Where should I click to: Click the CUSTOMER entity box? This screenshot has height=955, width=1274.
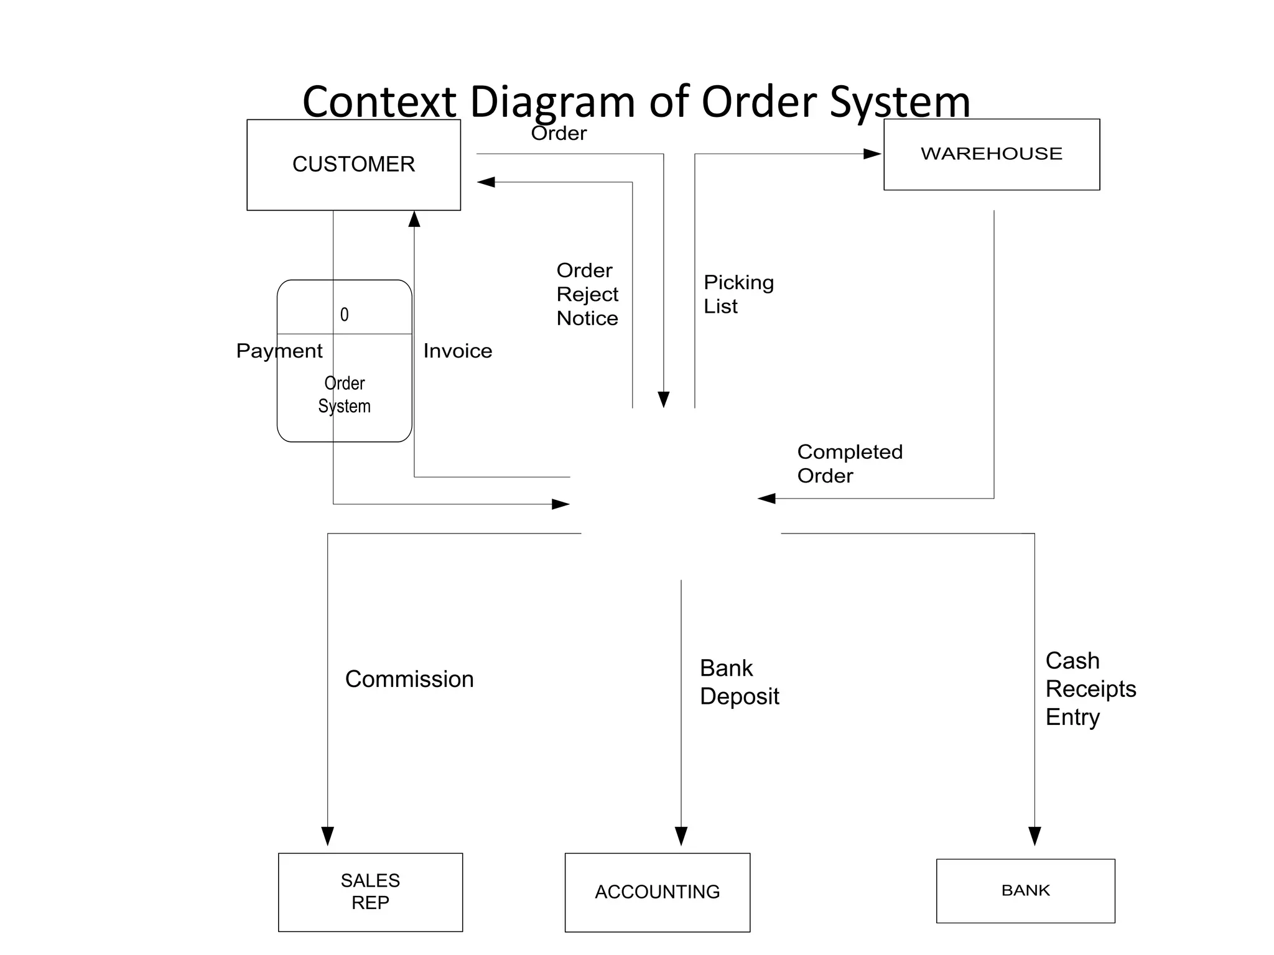pyautogui.click(x=353, y=165)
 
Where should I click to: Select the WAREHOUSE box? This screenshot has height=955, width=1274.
pyautogui.click(x=991, y=154)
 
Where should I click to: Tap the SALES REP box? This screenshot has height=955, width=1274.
pyautogui.click(x=370, y=892)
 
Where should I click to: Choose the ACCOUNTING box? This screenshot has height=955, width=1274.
pyautogui.click(x=657, y=892)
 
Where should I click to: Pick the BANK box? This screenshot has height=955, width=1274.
pyautogui.click(x=1025, y=890)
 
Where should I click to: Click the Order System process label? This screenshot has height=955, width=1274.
pyautogui.click(x=344, y=395)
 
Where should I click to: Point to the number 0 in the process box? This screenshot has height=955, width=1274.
pyautogui.click(x=344, y=315)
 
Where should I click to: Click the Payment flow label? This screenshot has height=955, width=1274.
pyautogui.click(x=279, y=351)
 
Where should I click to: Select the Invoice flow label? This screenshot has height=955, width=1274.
pyautogui.click(x=457, y=351)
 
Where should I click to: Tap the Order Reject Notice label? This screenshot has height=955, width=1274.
pyautogui.click(x=587, y=294)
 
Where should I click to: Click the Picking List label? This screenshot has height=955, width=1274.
pyautogui.click(x=738, y=294)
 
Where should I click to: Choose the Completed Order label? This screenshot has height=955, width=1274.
pyautogui.click(x=849, y=464)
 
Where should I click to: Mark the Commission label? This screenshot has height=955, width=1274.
pyautogui.click(x=409, y=679)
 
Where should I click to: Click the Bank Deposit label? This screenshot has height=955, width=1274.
pyautogui.click(x=738, y=682)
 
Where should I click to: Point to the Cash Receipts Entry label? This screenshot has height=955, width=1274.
pyautogui.click(x=1090, y=689)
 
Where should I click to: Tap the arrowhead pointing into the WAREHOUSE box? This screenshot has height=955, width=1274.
pyautogui.click(x=872, y=154)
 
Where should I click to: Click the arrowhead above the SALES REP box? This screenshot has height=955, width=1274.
pyautogui.click(x=328, y=836)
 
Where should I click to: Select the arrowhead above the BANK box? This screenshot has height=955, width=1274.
pyautogui.click(x=1035, y=836)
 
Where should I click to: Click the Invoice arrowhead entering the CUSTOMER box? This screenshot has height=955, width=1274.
pyautogui.click(x=414, y=219)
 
